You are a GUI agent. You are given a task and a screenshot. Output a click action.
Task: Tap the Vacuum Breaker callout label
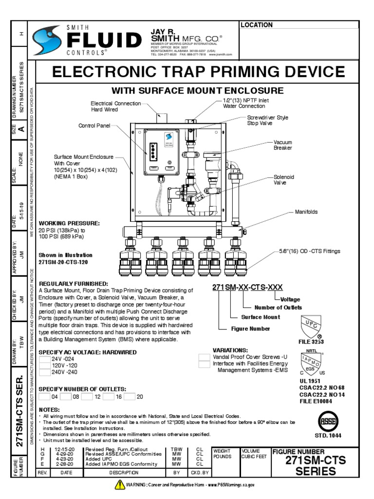[282, 145]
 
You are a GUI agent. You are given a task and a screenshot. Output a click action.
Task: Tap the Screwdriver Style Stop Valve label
[268, 121]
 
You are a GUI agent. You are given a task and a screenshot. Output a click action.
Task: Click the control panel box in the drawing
[161, 152]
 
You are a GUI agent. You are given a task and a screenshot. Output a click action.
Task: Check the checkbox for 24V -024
[44, 359]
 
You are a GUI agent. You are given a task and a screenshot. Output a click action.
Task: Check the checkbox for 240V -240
[44, 373]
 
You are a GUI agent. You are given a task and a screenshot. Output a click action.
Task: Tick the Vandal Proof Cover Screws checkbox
[205, 357]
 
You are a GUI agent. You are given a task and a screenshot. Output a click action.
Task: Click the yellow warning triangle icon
[120, 484]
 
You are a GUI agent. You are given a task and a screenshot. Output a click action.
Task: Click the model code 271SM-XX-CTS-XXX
[247, 287]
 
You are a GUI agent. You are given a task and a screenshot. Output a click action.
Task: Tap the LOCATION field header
[257, 25]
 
